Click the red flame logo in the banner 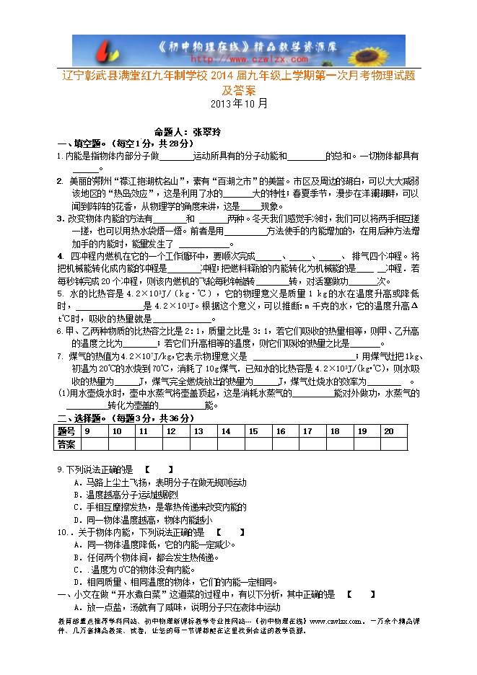109,50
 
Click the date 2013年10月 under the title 238,103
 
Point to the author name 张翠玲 210,132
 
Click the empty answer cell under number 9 95,444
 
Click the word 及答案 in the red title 238,90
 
